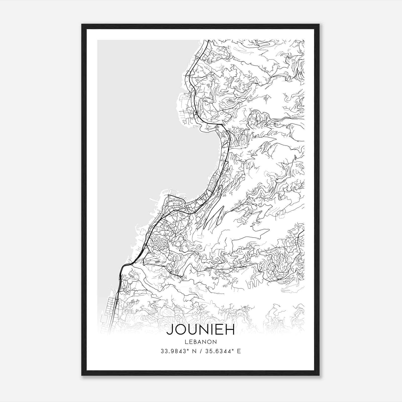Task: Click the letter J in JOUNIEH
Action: (x=169, y=330)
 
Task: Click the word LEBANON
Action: (x=200, y=342)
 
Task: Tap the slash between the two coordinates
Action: (x=200, y=351)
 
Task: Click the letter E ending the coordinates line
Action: (x=239, y=351)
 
